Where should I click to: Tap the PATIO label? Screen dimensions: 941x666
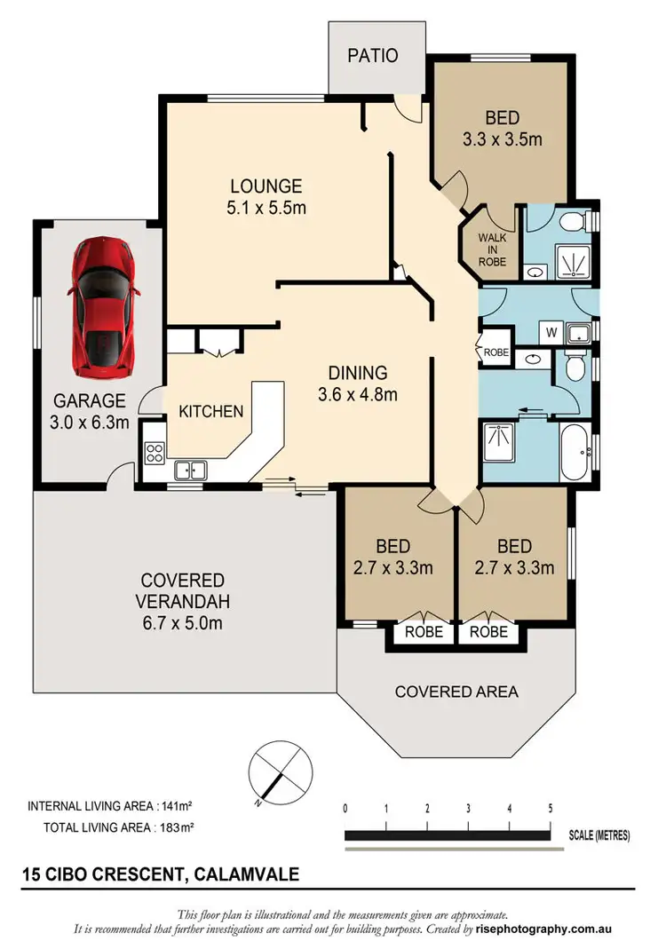372,55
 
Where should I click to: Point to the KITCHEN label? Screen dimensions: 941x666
210,411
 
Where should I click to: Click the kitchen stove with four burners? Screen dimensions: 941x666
153,454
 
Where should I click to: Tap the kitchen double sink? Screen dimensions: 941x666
191,470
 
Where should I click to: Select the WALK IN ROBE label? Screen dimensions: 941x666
493,249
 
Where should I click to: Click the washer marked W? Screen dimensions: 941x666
551,334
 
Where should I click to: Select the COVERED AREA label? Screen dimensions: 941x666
457,692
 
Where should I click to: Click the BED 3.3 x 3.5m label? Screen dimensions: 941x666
502,128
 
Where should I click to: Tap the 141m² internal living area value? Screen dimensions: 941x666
176,807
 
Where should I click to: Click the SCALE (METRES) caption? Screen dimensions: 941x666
600,835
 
